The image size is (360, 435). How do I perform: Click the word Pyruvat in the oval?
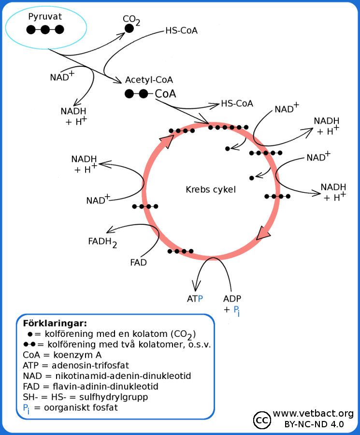click(x=45, y=17)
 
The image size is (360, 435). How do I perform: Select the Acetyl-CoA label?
click(x=149, y=80)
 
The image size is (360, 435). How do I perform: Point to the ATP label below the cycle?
click(x=195, y=299)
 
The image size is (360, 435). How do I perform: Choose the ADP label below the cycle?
click(x=232, y=299)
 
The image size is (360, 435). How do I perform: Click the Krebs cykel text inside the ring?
click(x=211, y=189)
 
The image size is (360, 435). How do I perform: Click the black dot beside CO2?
click(x=129, y=29)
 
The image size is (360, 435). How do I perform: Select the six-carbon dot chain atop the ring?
click(x=228, y=128)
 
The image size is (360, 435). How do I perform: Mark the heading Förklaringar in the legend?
click(x=48, y=323)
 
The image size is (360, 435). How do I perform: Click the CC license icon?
click(x=262, y=420)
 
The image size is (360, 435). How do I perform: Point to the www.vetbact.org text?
click(x=313, y=414)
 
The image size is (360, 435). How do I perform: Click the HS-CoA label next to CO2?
click(x=181, y=30)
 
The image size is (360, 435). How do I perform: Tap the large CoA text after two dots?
click(x=165, y=94)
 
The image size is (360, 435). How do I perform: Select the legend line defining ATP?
click(x=74, y=365)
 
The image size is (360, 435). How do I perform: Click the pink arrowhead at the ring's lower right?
click(x=264, y=233)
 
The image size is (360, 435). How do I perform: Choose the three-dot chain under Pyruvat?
click(x=45, y=30)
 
